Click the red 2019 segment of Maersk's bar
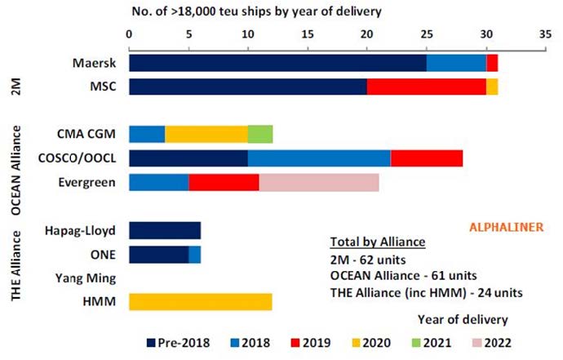(x=492, y=63)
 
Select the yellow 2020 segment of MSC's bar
(x=492, y=87)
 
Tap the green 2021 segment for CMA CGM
(x=260, y=134)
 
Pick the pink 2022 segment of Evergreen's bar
(x=319, y=183)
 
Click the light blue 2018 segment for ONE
(x=195, y=255)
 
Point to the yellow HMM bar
(x=201, y=302)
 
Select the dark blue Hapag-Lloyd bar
(x=165, y=231)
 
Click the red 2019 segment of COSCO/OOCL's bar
(x=427, y=158)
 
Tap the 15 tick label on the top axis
(x=308, y=34)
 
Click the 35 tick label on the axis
(x=545, y=34)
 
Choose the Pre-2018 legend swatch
(x=151, y=343)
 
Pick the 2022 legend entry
(x=492, y=343)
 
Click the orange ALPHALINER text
(x=506, y=228)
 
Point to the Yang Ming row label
(x=86, y=278)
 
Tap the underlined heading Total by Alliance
(x=378, y=242)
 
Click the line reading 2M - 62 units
(x=368, y=260)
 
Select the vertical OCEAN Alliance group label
(x=16, y=171)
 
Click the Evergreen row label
(x=86, y=183)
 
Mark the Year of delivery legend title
(x=463, y=320)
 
